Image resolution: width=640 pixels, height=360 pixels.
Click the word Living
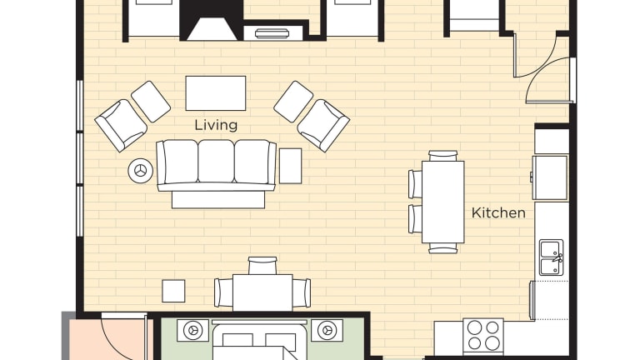216,125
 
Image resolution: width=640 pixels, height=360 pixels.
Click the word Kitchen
498,213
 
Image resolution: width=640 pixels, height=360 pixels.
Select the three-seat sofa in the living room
217,166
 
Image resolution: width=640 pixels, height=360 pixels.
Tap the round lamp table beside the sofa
140,171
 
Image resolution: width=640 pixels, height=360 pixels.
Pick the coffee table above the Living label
216,93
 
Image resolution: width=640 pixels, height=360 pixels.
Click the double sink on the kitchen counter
552,257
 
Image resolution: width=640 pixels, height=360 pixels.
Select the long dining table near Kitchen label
442,202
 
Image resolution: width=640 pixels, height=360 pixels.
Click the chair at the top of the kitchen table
442,156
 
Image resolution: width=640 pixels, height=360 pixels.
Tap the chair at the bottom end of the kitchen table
442,248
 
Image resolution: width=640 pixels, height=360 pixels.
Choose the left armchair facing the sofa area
121,125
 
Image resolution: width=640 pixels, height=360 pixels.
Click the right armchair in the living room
323,125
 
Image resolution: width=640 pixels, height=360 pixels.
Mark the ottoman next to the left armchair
151,102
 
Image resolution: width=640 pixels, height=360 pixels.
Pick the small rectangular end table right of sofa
290,166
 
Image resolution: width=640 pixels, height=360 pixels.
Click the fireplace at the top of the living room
212,20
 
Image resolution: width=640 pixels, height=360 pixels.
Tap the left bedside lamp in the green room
192,330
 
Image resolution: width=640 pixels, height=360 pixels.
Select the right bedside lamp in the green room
327,330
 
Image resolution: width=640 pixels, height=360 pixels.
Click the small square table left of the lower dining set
173,291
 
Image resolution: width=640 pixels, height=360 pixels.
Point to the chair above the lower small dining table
262,266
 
